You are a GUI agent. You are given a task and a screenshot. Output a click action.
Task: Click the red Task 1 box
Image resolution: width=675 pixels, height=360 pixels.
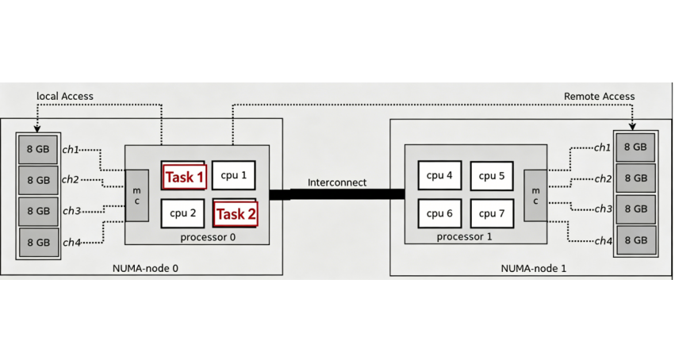pos(185,177)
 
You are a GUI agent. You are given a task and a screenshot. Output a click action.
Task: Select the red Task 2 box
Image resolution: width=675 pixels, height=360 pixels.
pos(236,214)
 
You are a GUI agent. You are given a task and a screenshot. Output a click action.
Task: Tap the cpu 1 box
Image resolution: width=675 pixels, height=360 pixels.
pos(234,175)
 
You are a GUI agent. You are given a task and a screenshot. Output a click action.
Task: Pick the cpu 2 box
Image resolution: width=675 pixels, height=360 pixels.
pos(182,213)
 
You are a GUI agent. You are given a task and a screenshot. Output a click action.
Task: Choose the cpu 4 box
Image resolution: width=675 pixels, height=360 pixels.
pos(439,175)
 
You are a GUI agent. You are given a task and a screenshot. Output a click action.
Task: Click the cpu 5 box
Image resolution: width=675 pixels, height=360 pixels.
pos(492,176)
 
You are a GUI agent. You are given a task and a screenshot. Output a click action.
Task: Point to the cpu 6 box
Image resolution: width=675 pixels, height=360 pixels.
pos(439,213)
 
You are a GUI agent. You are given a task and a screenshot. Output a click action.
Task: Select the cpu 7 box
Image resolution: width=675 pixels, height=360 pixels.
pos(492,213)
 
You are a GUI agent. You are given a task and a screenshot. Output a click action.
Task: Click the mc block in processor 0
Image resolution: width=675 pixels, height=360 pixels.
pos(137,196)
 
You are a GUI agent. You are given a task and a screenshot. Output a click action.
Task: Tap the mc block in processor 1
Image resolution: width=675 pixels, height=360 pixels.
pos(535,196)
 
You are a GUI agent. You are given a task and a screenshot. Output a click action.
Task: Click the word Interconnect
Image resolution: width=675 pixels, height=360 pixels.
pos(337,182)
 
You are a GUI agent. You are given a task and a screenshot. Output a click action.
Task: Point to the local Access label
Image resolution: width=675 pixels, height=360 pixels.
pos(65,96)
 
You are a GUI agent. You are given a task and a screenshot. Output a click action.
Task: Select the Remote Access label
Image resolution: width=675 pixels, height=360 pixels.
pos(599,97)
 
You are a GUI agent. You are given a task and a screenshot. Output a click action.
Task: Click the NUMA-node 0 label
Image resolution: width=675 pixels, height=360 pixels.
pos(145,268)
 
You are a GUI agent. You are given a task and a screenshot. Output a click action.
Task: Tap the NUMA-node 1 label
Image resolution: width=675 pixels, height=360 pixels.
pos(534,269)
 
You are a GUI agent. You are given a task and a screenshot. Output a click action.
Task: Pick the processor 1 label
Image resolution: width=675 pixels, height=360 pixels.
pos(464,236)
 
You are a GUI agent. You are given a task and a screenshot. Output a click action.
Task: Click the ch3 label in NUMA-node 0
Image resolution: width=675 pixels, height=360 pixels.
pos(72,211)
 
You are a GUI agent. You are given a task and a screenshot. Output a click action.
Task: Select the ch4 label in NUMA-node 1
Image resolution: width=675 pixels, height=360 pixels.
pos(603,241)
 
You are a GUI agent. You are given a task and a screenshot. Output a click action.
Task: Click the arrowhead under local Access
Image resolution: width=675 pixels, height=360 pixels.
pos(37,128)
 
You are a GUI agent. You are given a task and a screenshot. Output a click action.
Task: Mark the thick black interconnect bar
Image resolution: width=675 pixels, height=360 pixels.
pos(337,194)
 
